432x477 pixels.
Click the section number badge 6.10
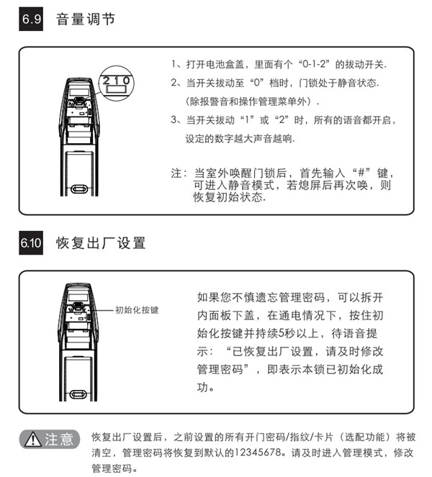31,243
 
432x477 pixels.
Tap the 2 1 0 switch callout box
115,80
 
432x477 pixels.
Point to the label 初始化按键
137,311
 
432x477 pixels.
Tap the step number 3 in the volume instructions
174,120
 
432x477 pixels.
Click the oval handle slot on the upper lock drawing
81,189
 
